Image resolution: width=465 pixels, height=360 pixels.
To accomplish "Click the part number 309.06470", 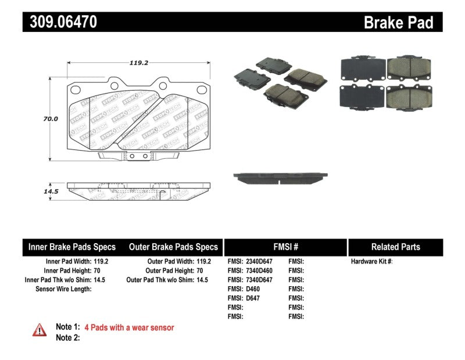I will click(x=60, y=22).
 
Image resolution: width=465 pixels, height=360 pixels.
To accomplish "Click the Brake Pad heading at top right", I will click(x=398, y=23).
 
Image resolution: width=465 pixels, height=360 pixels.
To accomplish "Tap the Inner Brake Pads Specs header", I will click(x=72, y=247).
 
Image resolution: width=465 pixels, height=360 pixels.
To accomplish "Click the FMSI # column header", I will click(x=285, y=247).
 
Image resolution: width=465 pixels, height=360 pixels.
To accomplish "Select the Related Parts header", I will click(x=395, y=247).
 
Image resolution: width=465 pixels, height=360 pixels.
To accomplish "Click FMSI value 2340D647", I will click(x=259, y=262).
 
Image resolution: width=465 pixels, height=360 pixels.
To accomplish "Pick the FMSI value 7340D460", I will click(x=259, y=271).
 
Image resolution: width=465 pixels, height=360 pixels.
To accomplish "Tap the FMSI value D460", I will click(x=253, y=289).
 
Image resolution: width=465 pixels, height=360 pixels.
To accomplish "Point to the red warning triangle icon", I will click(x=39, y=330).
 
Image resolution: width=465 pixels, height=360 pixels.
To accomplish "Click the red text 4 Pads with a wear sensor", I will click(x=129, y=327).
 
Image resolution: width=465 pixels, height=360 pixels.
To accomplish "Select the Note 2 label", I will click(x=67, y=337).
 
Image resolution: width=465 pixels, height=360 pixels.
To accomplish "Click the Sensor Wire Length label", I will click(x=63, y=289).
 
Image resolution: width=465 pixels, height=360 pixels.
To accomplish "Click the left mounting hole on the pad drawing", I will click(x=74, y=90).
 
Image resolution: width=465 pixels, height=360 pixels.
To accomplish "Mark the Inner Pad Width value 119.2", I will click(x=101, y=262).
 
